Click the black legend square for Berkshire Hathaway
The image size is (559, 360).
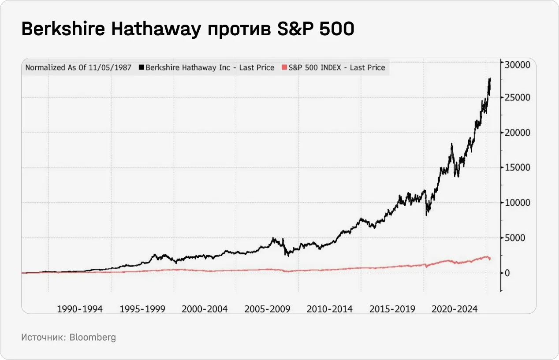tap(142, 68)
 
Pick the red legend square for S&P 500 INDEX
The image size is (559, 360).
tap(284, 68)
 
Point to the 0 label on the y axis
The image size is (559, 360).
tap(508, 273)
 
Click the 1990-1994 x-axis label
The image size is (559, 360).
tap(80, 309)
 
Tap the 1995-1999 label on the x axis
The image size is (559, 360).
tap(142, 309)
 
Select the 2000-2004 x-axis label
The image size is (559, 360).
tap(205, 309)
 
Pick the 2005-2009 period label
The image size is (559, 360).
tap(267, 309)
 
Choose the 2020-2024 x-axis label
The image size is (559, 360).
tap(455, 309)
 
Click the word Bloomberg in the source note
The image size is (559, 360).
tap(93, 338)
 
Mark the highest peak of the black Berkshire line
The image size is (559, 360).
tap(490, 78)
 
